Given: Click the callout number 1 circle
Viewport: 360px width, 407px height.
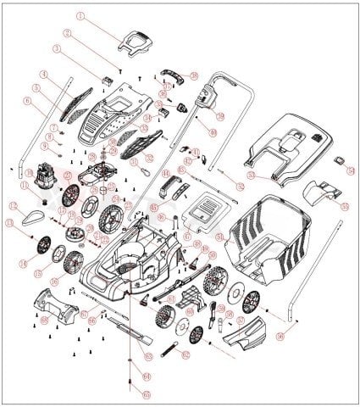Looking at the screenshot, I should click(81, 16).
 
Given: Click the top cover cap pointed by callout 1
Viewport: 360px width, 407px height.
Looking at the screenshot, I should click(136, 38).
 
